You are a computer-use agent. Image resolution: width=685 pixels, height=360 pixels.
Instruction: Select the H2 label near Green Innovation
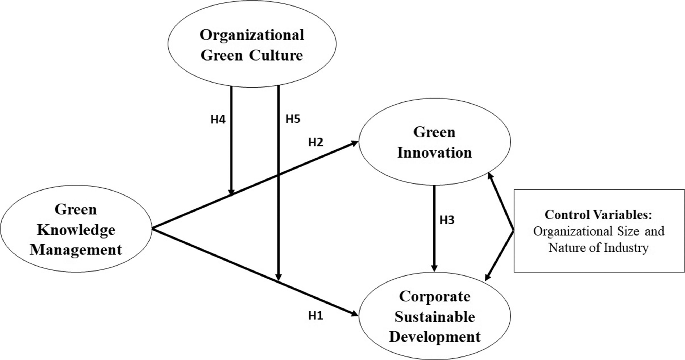(316, 143)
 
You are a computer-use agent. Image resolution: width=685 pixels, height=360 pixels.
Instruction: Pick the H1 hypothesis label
(316, 316)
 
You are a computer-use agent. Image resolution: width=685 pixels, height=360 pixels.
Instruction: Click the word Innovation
(435, 153)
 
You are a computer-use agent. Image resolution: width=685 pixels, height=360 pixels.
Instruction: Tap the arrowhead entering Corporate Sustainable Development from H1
(355, 314)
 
